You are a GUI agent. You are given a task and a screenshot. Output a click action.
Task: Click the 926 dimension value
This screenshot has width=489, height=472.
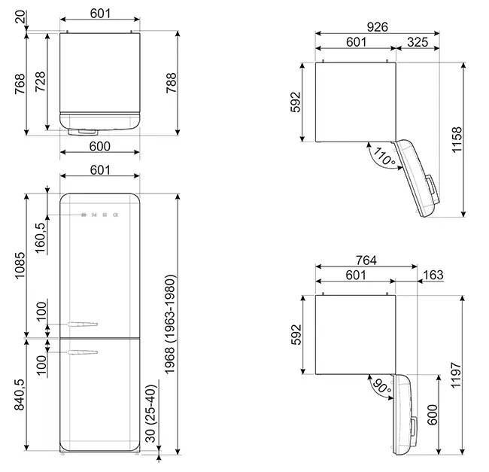point(378,27)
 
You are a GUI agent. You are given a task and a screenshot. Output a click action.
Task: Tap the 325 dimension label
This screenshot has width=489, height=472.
point(418,42)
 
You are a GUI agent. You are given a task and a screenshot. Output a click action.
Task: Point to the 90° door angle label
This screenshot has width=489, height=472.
point(381,386)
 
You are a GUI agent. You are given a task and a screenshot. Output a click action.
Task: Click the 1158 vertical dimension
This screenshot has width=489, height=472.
point(457,139)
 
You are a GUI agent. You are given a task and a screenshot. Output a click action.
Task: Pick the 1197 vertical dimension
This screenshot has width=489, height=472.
point(456,375)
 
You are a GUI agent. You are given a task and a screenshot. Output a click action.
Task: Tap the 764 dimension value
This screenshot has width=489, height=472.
point(366,260)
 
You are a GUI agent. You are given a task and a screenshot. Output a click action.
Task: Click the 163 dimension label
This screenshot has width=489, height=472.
point(433,275)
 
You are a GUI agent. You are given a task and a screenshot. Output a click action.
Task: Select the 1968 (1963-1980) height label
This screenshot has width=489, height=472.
point(170,324)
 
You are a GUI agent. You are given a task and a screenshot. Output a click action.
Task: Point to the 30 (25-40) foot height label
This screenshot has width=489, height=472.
point(150,413)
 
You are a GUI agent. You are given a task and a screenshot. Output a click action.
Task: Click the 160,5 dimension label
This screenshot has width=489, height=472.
point(41,238)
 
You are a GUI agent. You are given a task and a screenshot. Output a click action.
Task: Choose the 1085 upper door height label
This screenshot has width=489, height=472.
point(20,266)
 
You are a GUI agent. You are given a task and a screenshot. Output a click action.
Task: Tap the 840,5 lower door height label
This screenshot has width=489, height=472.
point(20,394)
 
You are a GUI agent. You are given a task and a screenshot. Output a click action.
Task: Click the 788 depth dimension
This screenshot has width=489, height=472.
point(172,83)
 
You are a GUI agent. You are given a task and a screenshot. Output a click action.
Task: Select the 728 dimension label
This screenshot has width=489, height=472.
point(40,82)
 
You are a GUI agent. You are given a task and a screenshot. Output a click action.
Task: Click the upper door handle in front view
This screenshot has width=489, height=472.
point(83,324)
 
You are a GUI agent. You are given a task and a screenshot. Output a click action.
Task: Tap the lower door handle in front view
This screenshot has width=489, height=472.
point(83,352)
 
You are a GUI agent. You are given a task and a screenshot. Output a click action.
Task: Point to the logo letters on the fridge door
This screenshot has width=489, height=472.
point(99,215)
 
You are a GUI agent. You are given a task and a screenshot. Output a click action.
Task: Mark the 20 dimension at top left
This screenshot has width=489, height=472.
point(20,17)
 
